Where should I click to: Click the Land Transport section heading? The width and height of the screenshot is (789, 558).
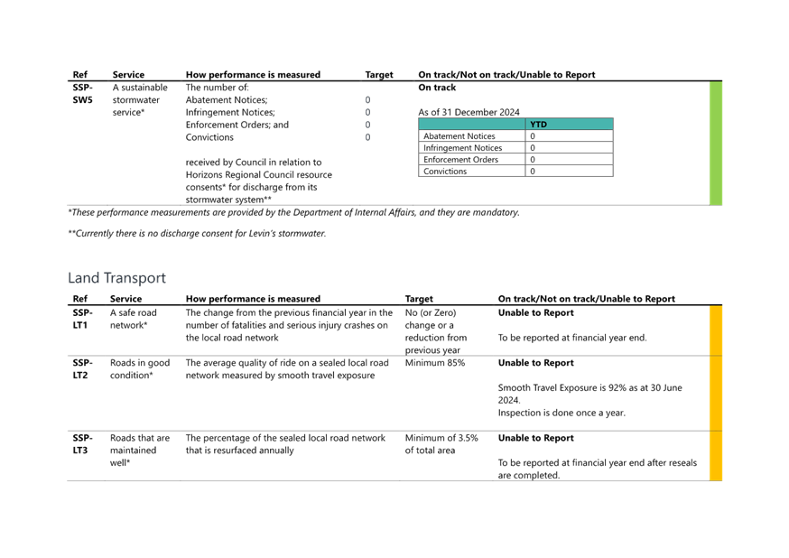116,278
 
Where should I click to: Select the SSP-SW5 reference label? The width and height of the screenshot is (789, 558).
82,94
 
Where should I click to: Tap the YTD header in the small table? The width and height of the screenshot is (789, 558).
538,125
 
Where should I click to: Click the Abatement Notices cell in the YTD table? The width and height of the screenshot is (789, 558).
459,135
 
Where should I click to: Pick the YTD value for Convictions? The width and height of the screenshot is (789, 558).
533,171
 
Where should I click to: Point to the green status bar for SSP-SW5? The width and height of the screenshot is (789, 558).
716,144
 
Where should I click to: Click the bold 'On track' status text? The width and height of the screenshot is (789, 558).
437,88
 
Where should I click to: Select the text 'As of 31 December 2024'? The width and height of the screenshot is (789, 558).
469,112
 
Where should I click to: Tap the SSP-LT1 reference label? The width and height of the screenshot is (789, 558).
82,319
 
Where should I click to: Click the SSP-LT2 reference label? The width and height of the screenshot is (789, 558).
82,368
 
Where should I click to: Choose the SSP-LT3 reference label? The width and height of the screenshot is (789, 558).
82,444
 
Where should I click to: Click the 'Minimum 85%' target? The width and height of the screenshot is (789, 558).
435,363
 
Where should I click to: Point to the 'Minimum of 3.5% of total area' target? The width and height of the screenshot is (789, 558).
441,444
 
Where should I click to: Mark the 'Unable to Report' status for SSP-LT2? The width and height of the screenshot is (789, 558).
536,363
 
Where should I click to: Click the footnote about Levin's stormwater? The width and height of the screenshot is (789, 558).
197,234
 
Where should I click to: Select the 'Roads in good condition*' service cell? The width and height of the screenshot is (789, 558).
140,368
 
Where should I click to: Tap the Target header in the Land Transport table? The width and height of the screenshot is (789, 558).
419,299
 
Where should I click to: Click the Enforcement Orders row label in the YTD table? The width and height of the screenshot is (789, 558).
460,160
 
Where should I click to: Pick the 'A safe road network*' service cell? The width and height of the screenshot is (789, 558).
134,319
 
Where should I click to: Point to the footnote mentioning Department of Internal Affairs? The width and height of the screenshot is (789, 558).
294,212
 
